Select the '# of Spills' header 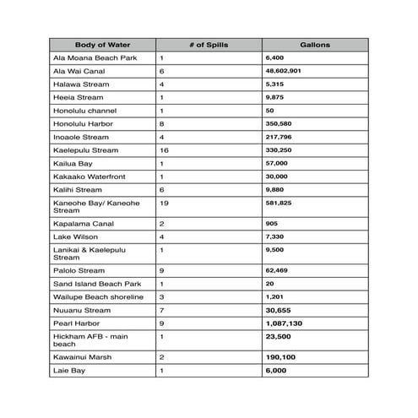[208, 45]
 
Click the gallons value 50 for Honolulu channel [269, 111]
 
